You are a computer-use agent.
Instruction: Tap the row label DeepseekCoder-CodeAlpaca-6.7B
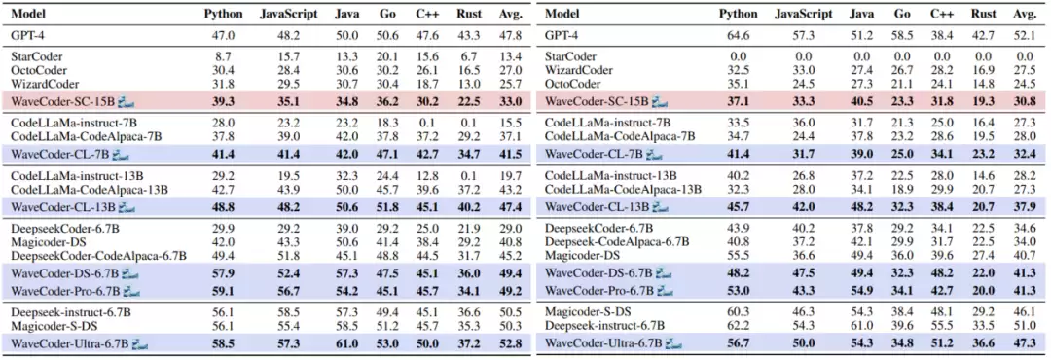click(98, 256)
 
